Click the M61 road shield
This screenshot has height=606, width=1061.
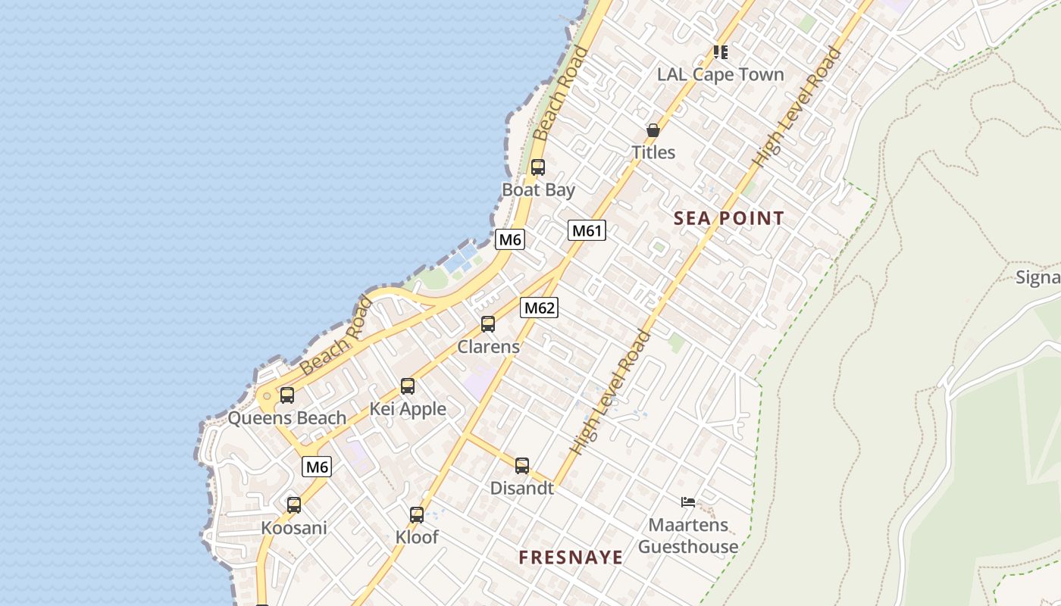[587, 230]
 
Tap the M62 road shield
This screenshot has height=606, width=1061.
[539, 308]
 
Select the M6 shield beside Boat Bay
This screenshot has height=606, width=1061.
[510, 240]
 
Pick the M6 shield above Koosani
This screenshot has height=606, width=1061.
[317, 467]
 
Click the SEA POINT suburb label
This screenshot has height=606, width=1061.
[729, 219]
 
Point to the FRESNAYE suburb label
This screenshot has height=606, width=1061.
[571, 558]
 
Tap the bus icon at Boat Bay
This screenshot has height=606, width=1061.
[538, 167]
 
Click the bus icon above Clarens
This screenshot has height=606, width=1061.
[488, 324]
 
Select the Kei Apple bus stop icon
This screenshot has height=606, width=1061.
[408, 386]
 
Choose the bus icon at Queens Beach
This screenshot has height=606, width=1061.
[287, 395]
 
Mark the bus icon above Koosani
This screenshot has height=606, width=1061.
[294, 504]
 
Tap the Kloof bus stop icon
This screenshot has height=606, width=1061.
[417, 515]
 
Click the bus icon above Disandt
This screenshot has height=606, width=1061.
[522, 466]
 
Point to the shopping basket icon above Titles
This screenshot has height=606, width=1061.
[653, 130]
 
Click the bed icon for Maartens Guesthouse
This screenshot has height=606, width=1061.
[688, 501]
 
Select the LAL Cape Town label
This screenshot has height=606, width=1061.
[720, 74]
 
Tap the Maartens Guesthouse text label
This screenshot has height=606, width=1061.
[688, 536]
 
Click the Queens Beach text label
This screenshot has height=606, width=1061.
[287, 418]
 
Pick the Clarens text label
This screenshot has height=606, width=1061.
[489, 347]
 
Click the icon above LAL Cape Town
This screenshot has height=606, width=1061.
[721, 52]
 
